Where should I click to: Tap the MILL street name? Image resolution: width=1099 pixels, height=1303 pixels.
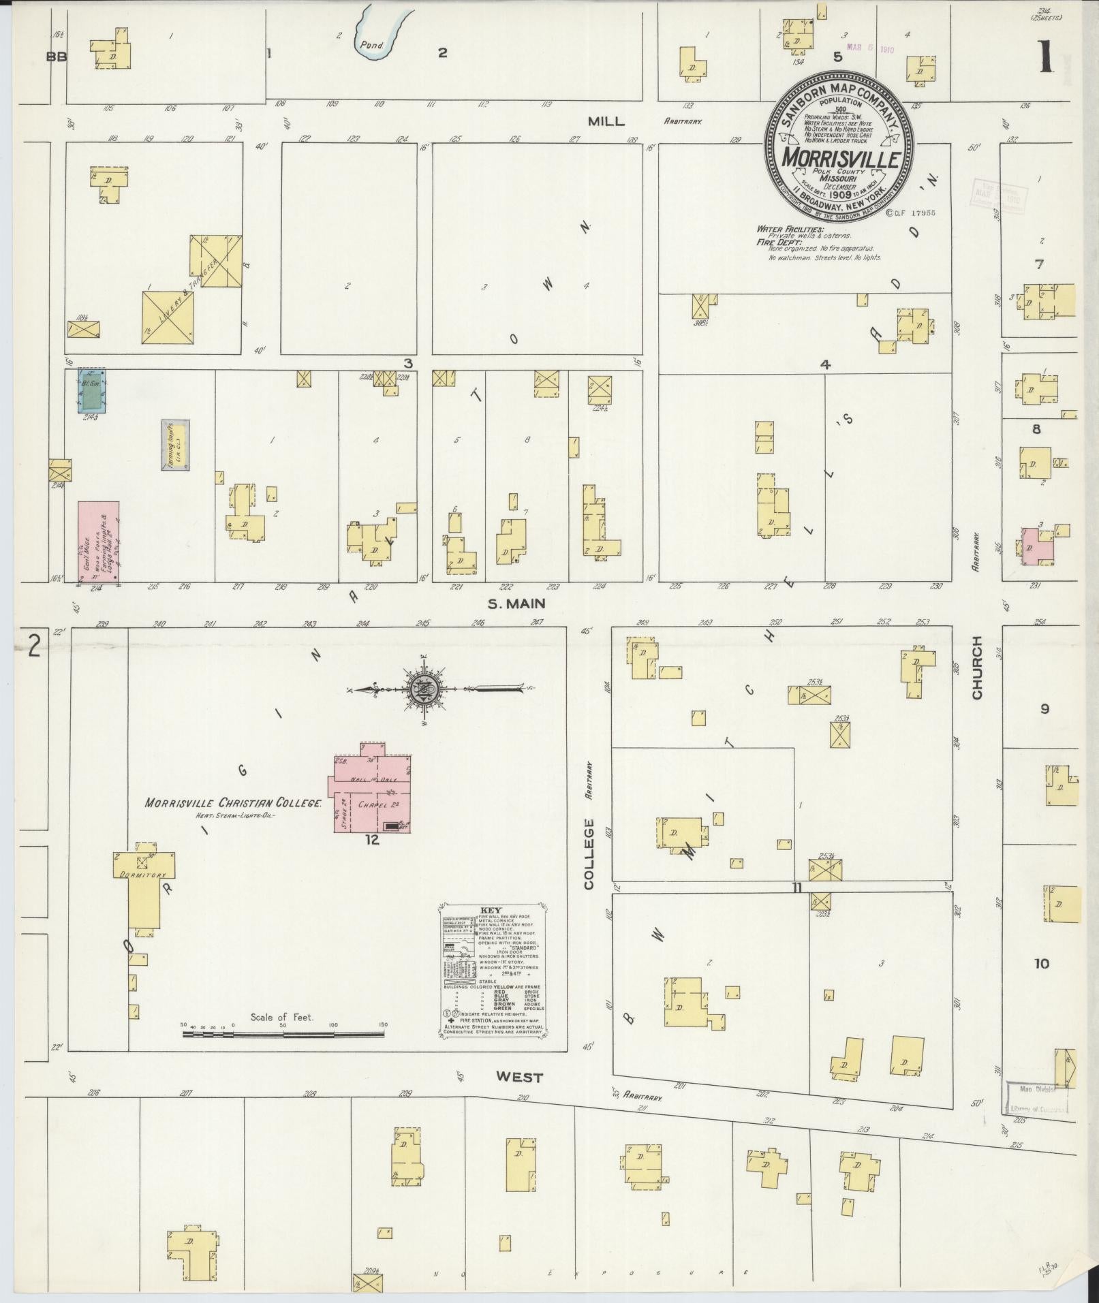click(606, 121)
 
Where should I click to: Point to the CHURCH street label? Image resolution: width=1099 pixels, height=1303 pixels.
click(977, 667)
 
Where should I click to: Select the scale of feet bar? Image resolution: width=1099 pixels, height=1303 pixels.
click(283, 1054)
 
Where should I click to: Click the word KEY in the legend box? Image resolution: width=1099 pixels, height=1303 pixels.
click(491, 910)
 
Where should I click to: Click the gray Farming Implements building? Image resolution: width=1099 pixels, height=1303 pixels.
click(175, 444)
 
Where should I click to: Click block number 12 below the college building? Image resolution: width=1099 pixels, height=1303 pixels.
click(371, 840)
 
